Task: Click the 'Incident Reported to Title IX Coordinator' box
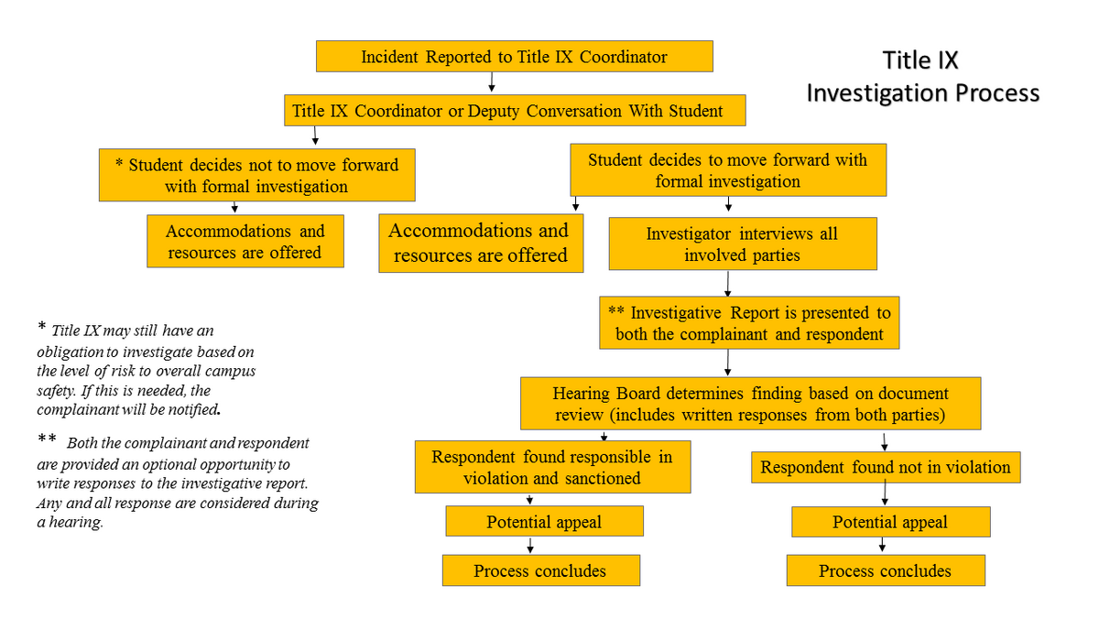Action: [514, 57]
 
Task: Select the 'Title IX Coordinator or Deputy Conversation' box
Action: [514, 112]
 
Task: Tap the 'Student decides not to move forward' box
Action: [256, 176]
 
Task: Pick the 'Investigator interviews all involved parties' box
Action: [742, 244]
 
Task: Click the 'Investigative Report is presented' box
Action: [749, 322]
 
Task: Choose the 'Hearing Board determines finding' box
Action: [750, 404]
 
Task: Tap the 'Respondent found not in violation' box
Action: [885, 467]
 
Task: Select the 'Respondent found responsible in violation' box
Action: [551, 467]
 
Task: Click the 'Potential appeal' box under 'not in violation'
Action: [890, 523]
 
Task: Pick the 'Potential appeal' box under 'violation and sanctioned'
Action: [544, 522]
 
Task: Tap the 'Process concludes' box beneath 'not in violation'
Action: [885, 570]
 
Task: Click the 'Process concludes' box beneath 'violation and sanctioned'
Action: [540, 570]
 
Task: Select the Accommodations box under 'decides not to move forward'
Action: [245, 242]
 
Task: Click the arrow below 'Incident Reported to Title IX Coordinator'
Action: [492, 83]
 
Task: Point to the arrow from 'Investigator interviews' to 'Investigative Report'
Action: [728, 282]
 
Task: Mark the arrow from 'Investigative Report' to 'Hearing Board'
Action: [728, 363]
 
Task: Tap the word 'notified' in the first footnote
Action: [192, 407]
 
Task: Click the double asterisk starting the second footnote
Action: [47, 441]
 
